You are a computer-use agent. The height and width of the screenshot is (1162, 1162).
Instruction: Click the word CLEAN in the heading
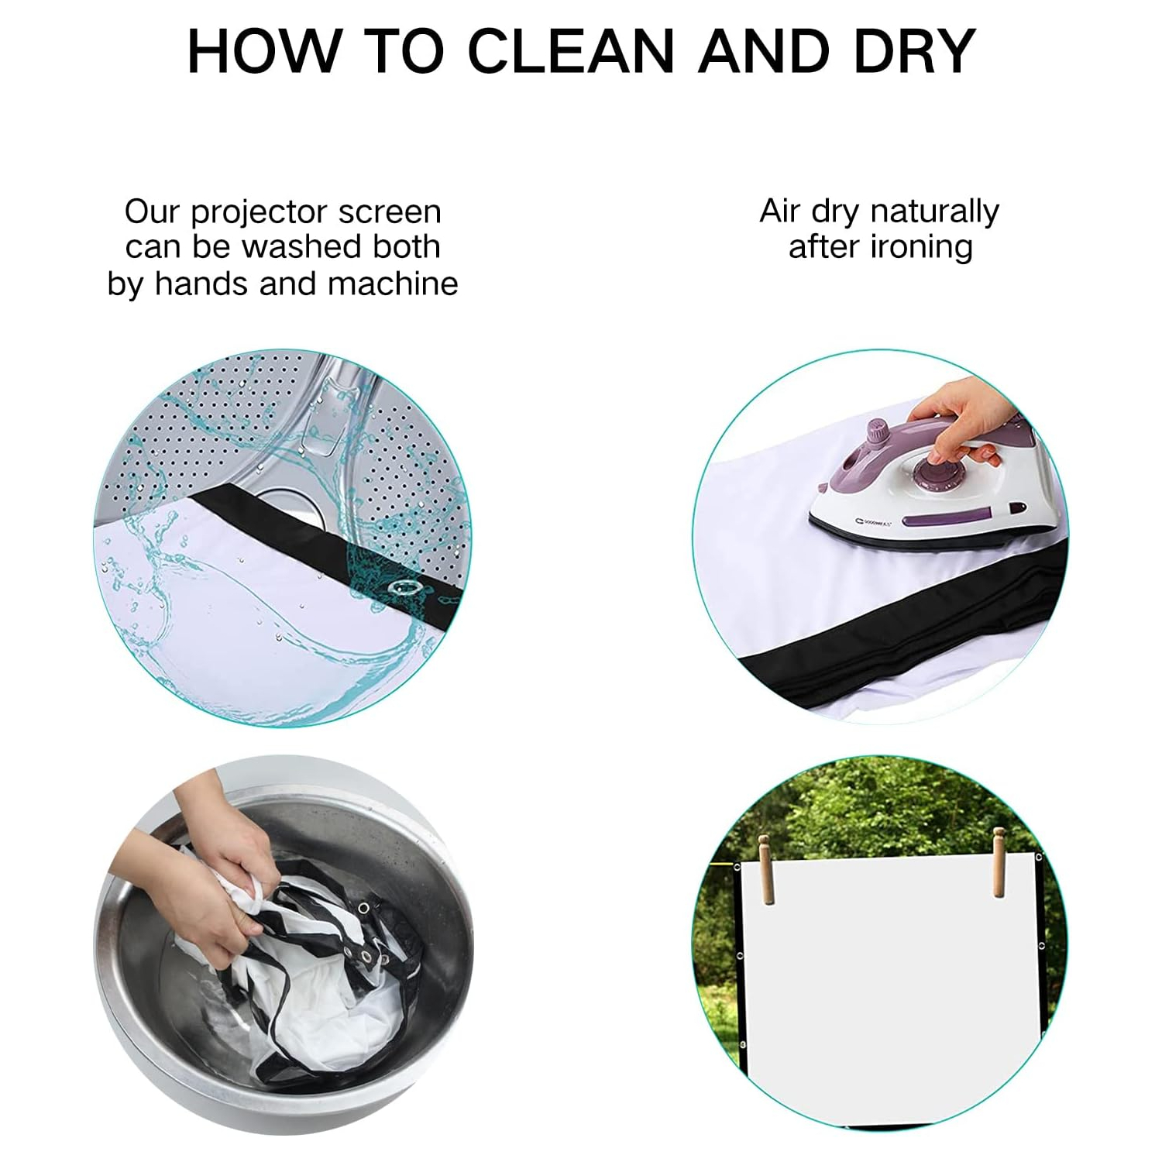[x=572, y=51]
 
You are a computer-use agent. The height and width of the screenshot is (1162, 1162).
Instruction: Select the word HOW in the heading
[x=263, y=51]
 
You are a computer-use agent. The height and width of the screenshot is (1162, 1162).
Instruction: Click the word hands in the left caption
[x=202, y=284]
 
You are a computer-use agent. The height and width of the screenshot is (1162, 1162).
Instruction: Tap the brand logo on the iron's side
[x=875, y=522]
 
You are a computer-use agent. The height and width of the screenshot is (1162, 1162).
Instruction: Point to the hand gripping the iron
[x=957, y=422]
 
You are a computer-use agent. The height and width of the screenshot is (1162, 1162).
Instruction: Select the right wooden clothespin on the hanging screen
[x=999, y=863]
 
